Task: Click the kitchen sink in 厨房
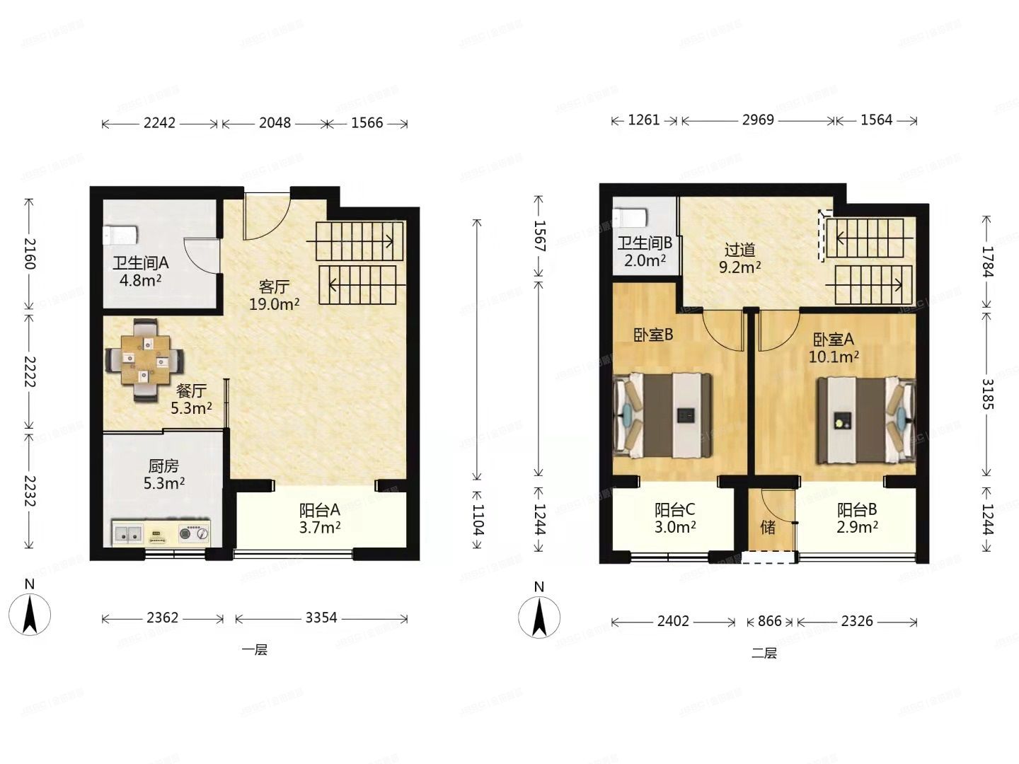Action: coord(128,534)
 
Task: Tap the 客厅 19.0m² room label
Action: coord(274,295)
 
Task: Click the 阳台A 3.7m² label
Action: coord(320,518)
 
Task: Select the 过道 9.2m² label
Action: coord(739,258)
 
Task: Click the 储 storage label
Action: coord(768,527)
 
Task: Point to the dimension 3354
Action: coord(321,618)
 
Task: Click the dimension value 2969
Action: coord(757,120)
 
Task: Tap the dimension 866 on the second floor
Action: coord(769,622)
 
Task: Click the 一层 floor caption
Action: coord(255,650)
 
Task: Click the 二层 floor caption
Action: coord(764,654)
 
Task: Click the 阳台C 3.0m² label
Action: coord(674,518)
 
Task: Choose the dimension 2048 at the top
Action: coord(275,123)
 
